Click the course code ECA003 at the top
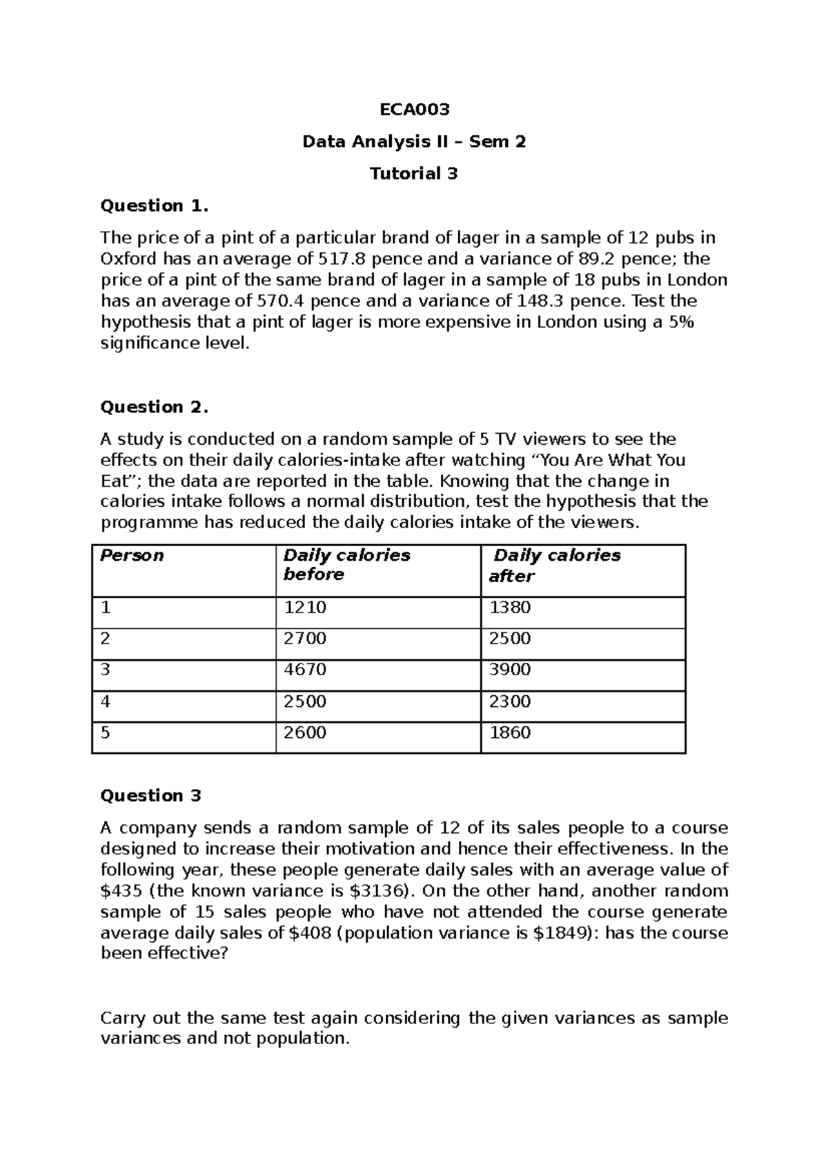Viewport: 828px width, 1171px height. click(414, 110)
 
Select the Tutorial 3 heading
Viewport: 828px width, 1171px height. click(414, 174)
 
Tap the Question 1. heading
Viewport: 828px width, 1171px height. click(154, 206)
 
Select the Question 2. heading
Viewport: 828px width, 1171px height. click(154, 407)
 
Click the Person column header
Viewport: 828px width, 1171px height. click(132, 556)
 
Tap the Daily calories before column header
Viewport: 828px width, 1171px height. click(346, 565)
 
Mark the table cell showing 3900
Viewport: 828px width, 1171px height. click(510, 670)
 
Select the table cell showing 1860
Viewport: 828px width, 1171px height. click(510, 732)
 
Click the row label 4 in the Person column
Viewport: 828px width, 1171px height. click(106, 701)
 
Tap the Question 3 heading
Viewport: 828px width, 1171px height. click(150, 796)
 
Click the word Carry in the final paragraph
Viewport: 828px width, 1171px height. click(124, 1019)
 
